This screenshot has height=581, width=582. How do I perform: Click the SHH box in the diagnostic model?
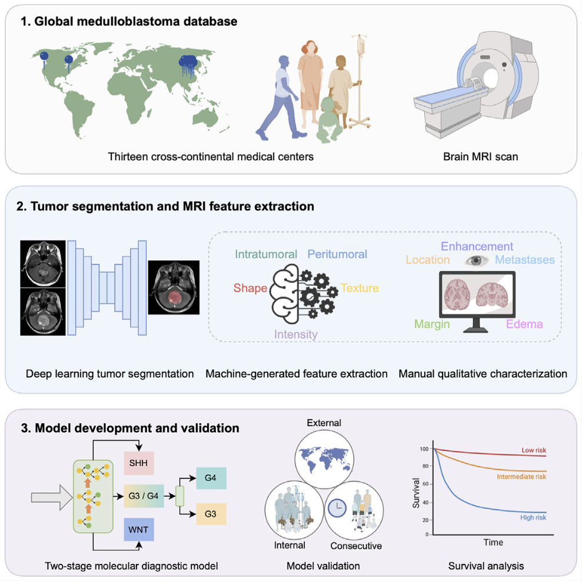[x=138, y=463]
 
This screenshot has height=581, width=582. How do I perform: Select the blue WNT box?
[x=138, y=529]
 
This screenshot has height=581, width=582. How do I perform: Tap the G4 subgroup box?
[x=211, y=478]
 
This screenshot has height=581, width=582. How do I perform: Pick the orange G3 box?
[x=211, y=514]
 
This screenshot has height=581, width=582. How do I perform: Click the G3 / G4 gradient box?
[x=144, y=496]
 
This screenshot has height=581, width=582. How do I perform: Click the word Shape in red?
[x=250, y=288]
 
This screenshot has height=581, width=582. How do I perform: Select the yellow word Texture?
[x=360, y=288]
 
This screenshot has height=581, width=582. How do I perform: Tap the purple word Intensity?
[x=296, y=334]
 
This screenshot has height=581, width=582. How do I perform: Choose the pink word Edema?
[x=524, y=323]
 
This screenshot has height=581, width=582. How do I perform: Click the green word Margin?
[x=432, y=324]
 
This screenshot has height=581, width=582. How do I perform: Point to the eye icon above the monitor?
[x=476, y=260]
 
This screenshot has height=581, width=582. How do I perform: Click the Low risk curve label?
[x=534, y=450]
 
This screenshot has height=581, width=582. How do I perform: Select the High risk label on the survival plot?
[x=533, y=517]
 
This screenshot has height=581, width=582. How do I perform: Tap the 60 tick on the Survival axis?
[x=425, y=484]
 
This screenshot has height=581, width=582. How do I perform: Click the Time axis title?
[x=493, y=542]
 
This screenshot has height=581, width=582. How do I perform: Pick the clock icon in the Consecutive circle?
[x=337, y=507]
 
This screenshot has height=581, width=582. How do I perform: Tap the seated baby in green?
[x=329, y=120]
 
